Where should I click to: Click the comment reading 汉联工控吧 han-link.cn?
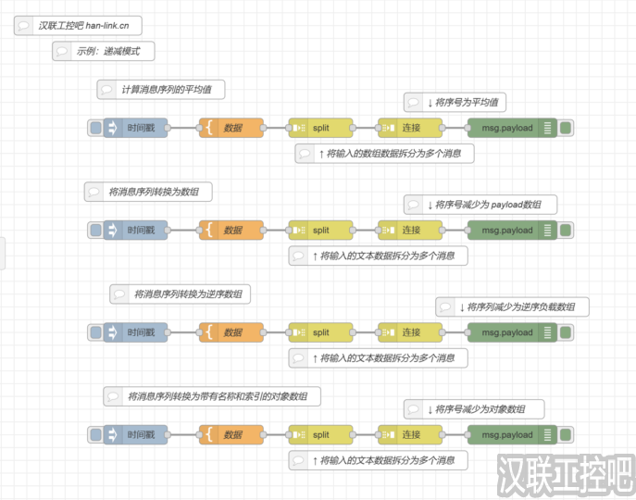79,26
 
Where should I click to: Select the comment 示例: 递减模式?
103,51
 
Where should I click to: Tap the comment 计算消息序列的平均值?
162,90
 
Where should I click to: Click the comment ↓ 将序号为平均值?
456,102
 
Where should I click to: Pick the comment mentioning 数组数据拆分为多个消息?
384,154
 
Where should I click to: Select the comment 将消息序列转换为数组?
148,192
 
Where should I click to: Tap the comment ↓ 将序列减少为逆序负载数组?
512,306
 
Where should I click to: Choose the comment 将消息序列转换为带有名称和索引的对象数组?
212,396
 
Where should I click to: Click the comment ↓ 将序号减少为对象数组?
473,408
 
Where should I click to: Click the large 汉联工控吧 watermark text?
564,474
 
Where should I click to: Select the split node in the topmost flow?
320,128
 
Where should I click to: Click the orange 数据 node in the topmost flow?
231,128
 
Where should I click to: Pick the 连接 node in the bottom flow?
410,434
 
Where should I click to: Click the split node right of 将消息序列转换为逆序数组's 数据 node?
320,332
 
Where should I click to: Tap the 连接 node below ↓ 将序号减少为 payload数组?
410,230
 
